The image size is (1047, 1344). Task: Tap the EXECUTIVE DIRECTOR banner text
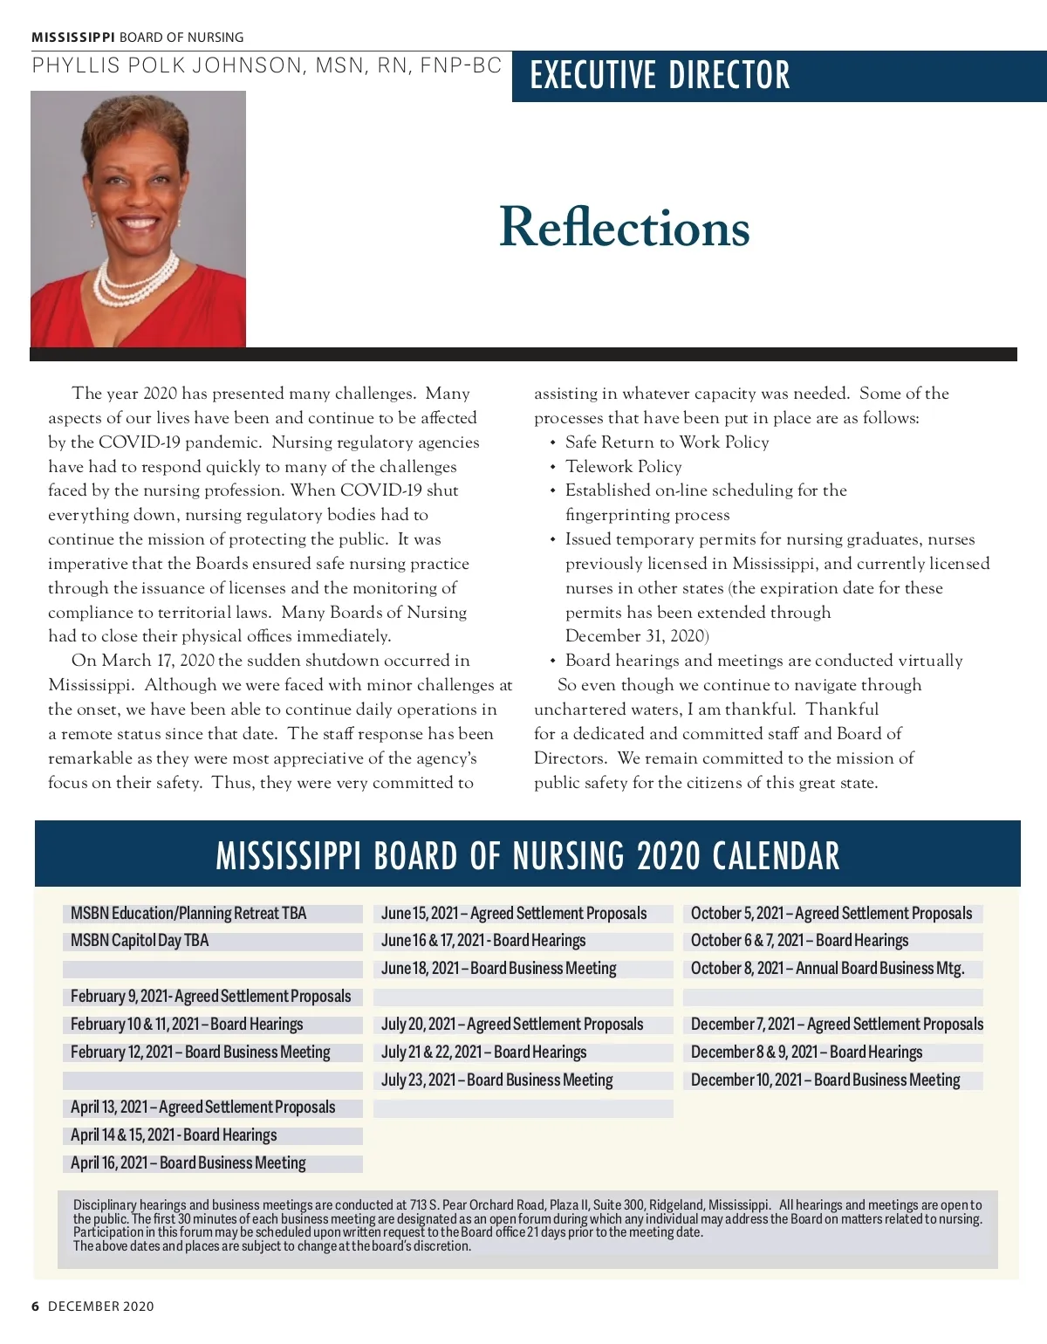660,76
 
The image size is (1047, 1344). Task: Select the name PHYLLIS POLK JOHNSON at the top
167,65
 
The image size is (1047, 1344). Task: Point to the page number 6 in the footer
36,1306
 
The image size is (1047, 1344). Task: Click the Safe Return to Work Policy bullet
667,442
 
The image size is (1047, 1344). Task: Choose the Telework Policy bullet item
623,467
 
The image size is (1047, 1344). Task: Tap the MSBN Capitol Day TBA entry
140,941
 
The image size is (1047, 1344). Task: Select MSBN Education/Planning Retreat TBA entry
188,914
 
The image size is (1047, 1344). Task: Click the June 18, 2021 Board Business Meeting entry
498,969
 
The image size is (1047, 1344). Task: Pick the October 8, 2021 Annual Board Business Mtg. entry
827,969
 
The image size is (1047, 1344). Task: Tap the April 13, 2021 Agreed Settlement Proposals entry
202,1107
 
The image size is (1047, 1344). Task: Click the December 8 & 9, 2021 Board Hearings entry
806,1053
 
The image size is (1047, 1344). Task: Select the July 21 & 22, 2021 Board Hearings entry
483,1053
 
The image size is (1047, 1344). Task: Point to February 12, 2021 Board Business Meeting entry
200,1053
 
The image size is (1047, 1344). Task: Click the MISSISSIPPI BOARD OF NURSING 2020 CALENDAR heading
527,856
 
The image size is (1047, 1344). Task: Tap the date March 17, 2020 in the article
157,661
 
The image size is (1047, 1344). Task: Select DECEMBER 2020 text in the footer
100,1306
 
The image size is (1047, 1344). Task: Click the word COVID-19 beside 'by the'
140,442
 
